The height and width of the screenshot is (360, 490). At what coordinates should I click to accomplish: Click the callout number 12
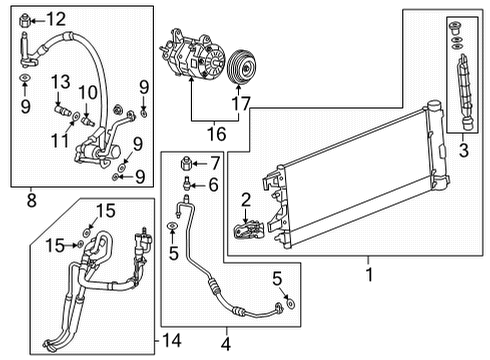[x=54, y=17]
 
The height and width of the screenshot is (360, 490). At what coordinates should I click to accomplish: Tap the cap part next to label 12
[x=25, y=17]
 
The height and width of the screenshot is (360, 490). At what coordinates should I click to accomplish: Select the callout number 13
[x=60, y=81]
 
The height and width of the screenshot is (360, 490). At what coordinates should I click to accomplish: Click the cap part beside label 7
[x=184, y=163]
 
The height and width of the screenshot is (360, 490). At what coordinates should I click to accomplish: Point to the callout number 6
[x=212, y=184]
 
